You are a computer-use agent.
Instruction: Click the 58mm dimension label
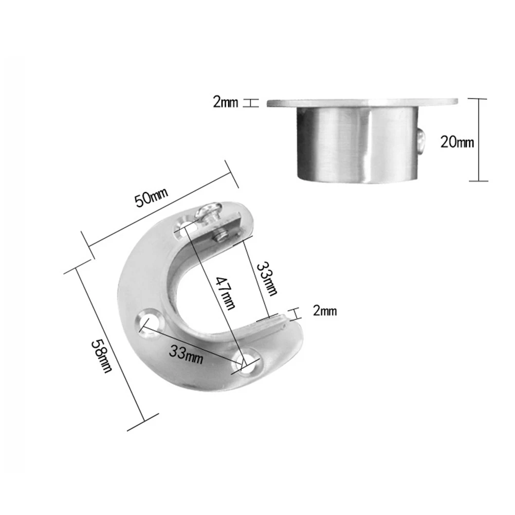(x=101, y=354)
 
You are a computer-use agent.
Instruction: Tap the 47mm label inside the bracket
(x=225, y=293)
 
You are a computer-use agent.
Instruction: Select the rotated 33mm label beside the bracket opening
(x=267, y=279)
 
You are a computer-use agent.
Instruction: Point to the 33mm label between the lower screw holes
(x=186, y=354)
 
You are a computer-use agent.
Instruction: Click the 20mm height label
(x=457, y=141)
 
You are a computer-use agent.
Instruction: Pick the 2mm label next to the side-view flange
(x=225, y=103)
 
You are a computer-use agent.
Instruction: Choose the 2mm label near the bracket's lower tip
(x=324, y=311)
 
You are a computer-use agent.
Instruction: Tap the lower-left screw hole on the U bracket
(x=150, y=320)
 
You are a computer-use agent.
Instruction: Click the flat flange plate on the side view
(x=362, y=103)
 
